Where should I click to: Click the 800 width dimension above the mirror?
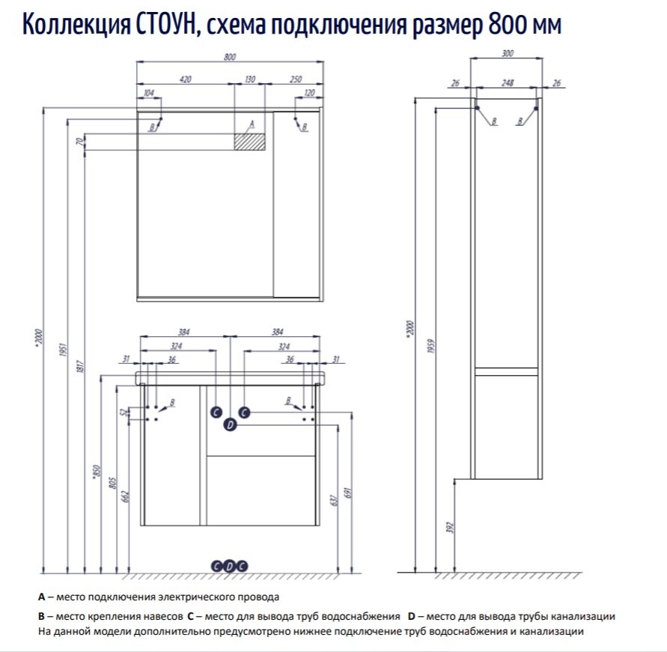click(x=230, y=58)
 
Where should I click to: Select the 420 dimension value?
click(x=186, y=79)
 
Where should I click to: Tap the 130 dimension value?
click(x=250, y=79)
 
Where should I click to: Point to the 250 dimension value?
click(x=295, y=79)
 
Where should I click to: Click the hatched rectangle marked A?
click(x=250, y=141)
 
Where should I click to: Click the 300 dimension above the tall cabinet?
click(x=508, y=53)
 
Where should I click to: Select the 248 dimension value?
click(x=507, y=83)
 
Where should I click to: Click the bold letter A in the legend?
click(x=41, y=597)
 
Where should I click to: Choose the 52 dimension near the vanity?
click(x=124, y=413)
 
